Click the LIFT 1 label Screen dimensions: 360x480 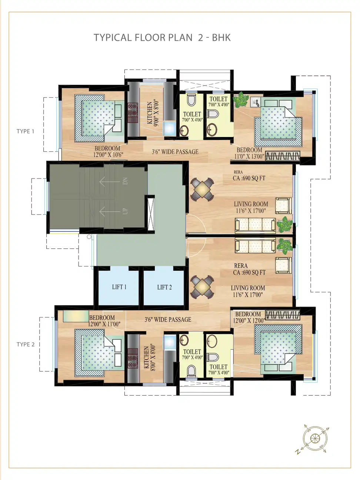point(119,287)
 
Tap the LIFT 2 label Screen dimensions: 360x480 point(164,287)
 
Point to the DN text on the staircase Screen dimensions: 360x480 point(125,181)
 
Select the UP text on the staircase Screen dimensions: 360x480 point(125,211)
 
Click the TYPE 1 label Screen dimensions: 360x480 point(25,131)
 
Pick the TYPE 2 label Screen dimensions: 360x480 point(26,344)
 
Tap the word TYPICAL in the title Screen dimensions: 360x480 point(112,38)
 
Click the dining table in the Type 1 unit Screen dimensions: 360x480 point(202,189)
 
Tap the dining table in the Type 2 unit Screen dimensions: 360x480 point(202,287)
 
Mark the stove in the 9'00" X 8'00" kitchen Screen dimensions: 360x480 point(133,113)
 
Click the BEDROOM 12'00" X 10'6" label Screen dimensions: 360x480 point(108,151)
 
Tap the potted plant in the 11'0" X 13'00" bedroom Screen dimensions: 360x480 point(241,100)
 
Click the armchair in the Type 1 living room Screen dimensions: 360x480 point(283,206)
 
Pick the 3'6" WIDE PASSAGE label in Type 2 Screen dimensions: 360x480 point(168,320)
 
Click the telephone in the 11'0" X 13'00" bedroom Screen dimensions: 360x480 point(255,102)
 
